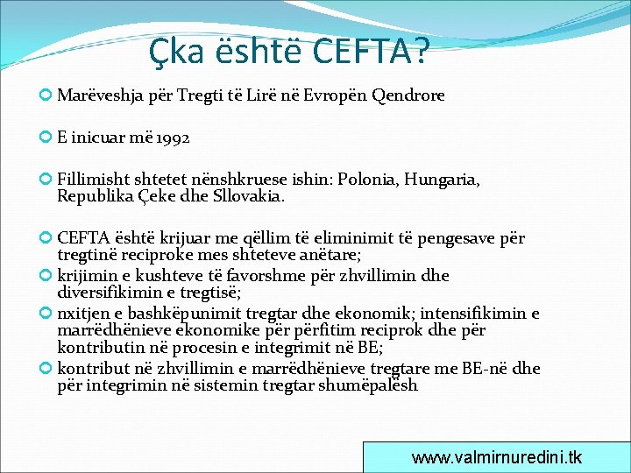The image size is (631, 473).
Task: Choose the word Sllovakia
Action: pyautogui.click(x=247, y=196)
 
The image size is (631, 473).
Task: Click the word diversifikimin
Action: pyautogui.click(x=111, y=292)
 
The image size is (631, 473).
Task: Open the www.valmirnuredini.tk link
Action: pyautogui.click(x=496, y=457)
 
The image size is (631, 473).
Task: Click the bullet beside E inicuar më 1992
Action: pyautogui.click(x=46, y=138)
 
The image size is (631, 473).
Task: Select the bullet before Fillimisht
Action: pyautogui.click(x=46, y=180)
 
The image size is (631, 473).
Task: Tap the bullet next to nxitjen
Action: pyautogui.click(x=46, y=314)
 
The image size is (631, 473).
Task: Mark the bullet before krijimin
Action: pyautogui.click(x=46, y=276)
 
